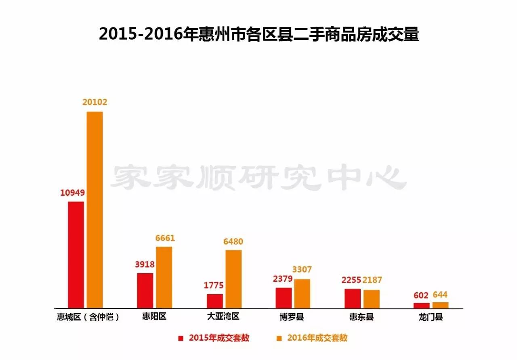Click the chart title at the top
click(259, 34)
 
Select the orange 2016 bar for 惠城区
click(95, 210)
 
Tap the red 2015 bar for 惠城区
click(76, 255)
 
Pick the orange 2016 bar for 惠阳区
click(164, 277)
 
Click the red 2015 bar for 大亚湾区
click(215, 301)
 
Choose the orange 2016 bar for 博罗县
click(302, 293)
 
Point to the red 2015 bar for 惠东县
click(353, 298)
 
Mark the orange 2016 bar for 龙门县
click(440, 305)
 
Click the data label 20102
click(95, 103)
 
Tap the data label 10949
click(73, 193)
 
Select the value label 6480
click(233, 241)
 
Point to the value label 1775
click(214, 285)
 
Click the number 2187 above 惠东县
click(372, 280)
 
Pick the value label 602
click(421, 295)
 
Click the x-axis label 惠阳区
click(154, 316)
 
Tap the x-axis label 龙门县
click(431, 317)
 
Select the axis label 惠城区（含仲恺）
click(88, 317)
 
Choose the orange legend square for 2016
click(279, 338)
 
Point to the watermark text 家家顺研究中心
click(258, 178)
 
